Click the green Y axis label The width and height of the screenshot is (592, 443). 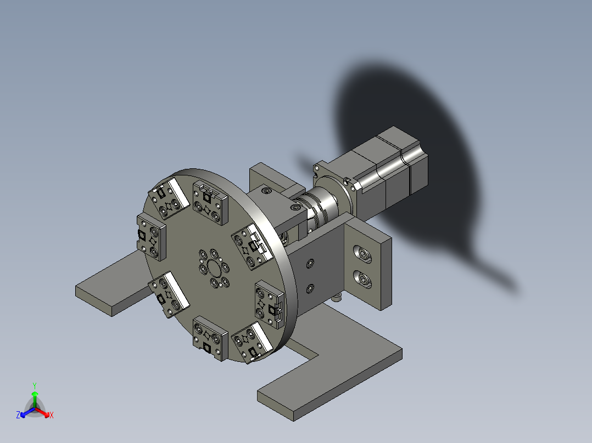pos(35,385)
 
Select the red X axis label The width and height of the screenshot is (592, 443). pos(52,415)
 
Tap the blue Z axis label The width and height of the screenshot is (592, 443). pos(18,414)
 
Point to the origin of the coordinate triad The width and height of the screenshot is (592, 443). pos(35,408)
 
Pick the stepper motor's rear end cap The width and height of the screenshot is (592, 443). pos(418,172)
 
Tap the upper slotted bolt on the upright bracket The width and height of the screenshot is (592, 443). pos(362,254)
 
